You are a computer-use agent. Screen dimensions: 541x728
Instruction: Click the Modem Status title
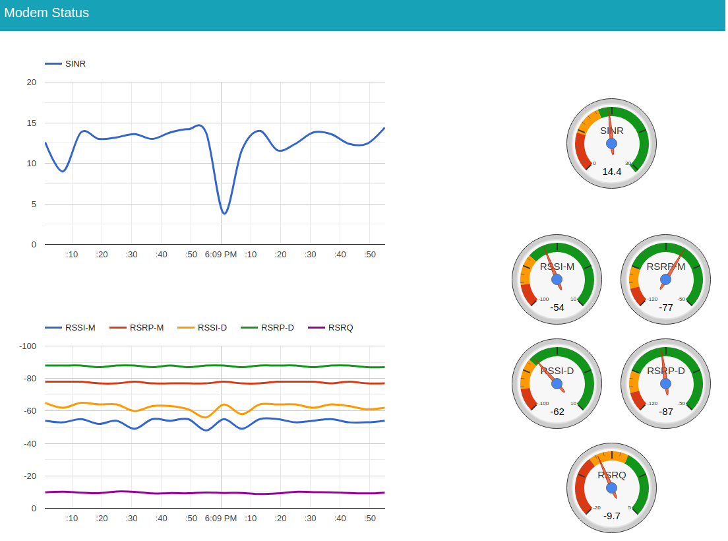pos(46,13)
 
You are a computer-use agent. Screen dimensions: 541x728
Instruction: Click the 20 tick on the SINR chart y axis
pos(32,82)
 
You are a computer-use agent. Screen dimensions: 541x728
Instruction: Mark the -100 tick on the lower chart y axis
pos(28,346)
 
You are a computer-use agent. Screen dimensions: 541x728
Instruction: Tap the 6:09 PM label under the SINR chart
pos(221,255)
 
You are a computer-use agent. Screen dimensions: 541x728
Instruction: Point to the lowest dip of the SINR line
pos(224,213)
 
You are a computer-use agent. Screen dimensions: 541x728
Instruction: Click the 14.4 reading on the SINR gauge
pos(612,172)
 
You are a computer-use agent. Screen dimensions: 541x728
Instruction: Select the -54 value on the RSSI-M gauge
pos(557,307)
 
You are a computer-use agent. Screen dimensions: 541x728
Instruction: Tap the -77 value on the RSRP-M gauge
pos(666,307)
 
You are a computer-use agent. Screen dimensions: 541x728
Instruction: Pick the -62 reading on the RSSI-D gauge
pos(557,412)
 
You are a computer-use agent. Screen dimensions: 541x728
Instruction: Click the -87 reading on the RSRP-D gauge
pos(666,412)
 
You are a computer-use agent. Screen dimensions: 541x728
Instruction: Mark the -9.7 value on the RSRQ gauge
pos(612,516)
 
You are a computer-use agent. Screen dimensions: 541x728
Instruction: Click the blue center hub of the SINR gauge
pos(611,144)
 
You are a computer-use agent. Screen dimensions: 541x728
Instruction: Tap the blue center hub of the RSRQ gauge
pos(611,488)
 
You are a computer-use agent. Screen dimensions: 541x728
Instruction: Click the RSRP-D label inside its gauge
pos(666,371)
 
